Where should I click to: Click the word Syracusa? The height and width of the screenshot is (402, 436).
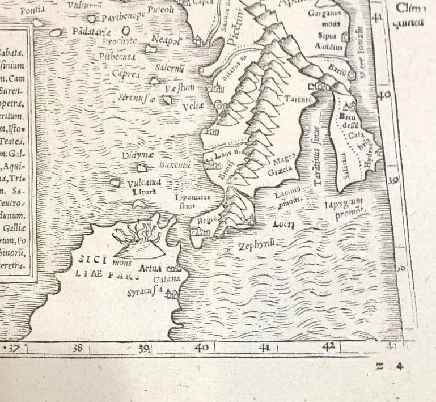pyautogui.click(x=145, y=291)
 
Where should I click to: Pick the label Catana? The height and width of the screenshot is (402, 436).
pyautogui.click(x=167, y=278)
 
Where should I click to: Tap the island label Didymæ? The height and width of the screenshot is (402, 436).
pyautogui.click(x=136, y=155)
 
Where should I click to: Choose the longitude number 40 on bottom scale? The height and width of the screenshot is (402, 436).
pyautogui.click(x=202, y=347)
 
